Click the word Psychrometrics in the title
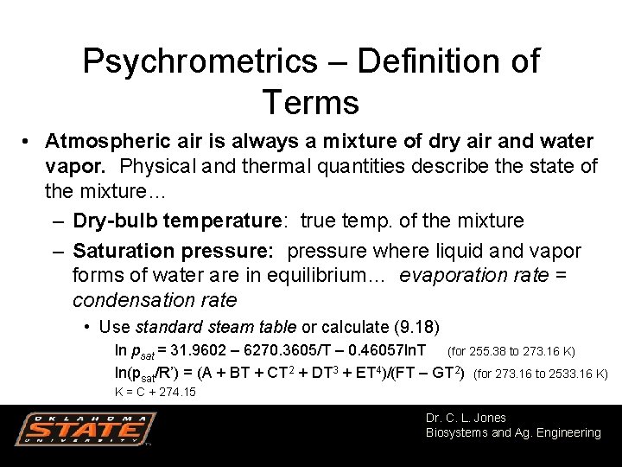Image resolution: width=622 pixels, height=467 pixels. (200, 62)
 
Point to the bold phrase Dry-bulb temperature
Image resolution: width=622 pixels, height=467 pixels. (178, 221)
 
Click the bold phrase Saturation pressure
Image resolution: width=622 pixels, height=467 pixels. (173, 251)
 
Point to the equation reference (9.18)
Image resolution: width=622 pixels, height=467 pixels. (416, 327)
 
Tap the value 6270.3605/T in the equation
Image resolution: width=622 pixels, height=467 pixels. (277, 351)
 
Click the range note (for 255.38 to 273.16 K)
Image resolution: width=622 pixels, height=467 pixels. (511, 352)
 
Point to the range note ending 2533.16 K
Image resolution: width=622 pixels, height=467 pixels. (542, 374)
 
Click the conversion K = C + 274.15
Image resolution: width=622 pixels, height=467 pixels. (155, 392)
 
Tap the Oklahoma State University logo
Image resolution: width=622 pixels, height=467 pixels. (85, 430)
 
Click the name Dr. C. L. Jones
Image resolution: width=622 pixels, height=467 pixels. (466, 418)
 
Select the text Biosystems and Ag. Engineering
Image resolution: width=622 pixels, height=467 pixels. (513, 432)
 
